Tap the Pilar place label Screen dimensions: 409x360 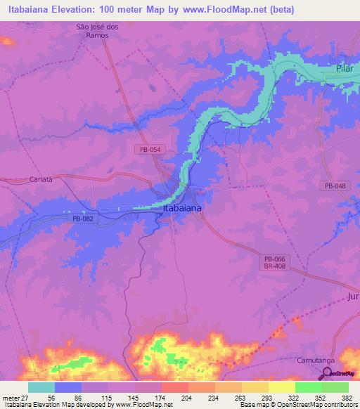343,72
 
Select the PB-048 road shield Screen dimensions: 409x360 336,186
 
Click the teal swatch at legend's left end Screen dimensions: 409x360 41,387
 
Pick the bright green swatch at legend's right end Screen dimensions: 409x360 335,387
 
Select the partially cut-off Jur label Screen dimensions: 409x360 352,297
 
